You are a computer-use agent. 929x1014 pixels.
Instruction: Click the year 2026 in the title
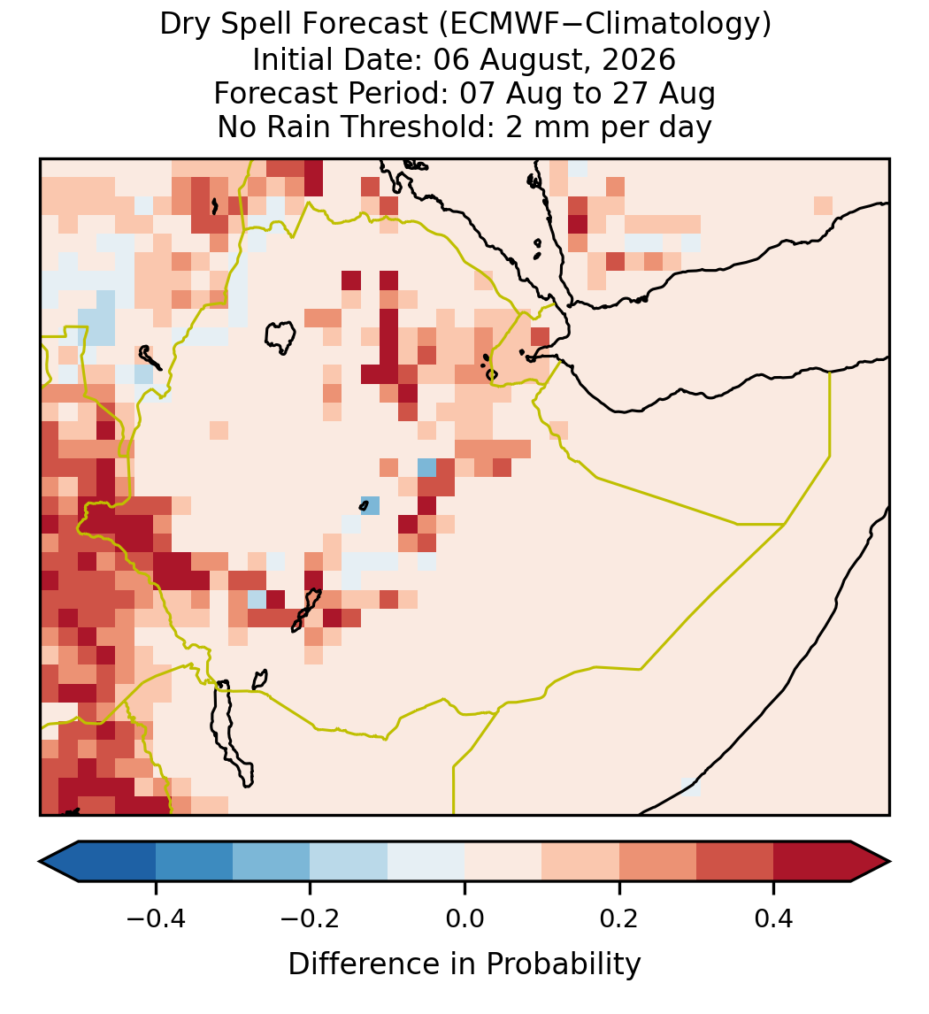(640, 59)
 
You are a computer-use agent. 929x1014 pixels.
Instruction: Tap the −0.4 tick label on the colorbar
(156, 918)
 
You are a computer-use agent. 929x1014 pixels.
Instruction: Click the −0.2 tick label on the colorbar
(311, 918)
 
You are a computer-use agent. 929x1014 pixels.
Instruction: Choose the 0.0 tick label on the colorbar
(464, 918)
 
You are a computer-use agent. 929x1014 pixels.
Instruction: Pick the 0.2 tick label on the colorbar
(619, 918)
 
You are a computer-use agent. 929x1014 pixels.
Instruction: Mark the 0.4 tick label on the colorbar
(774, 918)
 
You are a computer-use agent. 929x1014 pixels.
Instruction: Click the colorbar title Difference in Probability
(464, 964)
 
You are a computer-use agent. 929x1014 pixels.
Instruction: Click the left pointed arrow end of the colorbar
(58, 862)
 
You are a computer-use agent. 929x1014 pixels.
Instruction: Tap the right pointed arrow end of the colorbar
(871, 862)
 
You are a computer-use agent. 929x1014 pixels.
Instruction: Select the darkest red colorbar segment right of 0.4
(812, 862)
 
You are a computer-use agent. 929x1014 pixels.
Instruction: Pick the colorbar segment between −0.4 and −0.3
(194, 862)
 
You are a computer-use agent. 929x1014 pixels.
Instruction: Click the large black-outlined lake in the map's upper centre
(280, 337)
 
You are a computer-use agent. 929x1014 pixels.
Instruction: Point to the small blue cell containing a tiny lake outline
(370, 505)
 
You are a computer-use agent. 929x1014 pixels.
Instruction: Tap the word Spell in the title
(265, 26)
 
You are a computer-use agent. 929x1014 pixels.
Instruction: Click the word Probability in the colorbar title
(563, 964)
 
